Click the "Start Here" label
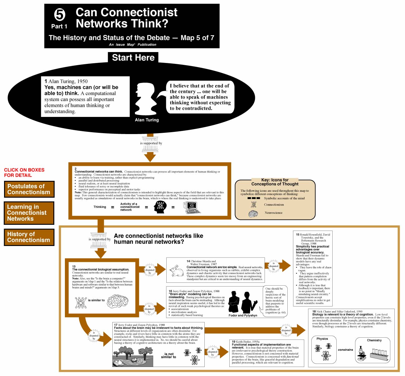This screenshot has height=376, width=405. pos(133,58)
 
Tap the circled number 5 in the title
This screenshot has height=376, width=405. pos(60,15)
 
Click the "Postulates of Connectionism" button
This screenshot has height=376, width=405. pos(29,189)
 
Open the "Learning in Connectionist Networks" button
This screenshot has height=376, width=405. pos(29,213)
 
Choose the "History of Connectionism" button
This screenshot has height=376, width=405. pos(29,237)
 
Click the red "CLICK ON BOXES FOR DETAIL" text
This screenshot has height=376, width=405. pos(24,172)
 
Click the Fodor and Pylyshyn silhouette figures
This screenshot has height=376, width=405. pos(243,302)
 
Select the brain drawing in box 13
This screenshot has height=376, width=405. pos(117,301)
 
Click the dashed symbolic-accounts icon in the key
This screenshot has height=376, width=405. pos(253,198)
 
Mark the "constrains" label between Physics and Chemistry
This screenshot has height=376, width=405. pos(345,350)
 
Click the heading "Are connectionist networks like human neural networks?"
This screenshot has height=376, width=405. pos(159,239)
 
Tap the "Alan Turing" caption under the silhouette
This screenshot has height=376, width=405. pos(147,120)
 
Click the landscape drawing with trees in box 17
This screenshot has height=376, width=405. pos(133,356)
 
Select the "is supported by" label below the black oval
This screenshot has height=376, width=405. pos(151,143)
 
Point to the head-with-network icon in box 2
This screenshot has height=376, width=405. pos(160,207)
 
